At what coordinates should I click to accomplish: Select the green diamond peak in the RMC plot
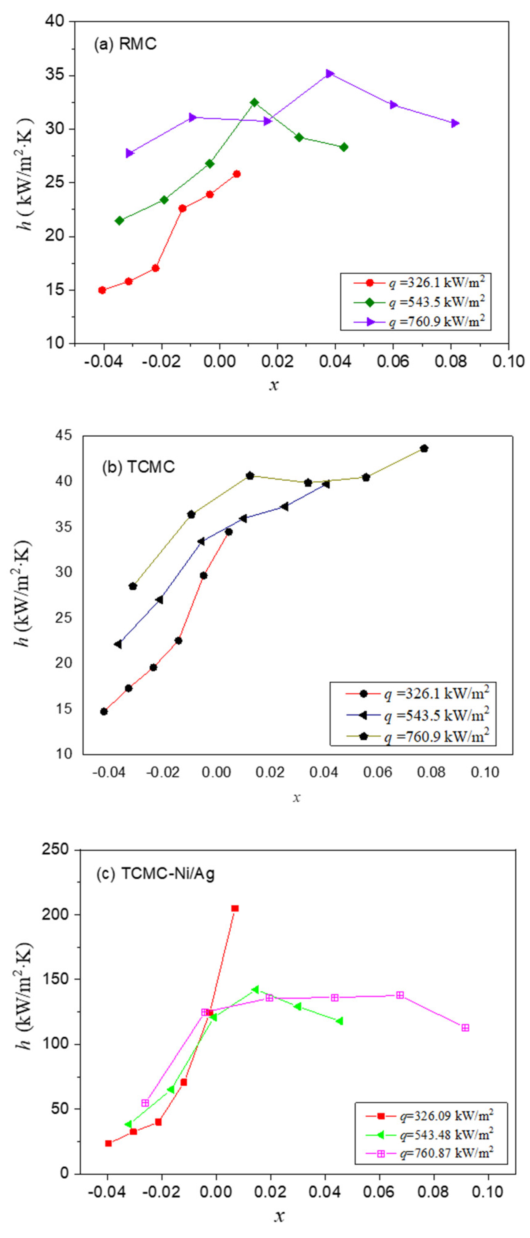pyautogui.click(x=254, y=103)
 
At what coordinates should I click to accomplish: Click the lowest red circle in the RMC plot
pyautogui.click(x=102, y=290)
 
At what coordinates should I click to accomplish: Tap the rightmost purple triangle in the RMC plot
pyautogui.click(x=454, y=124)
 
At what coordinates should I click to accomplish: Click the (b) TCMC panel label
pyautogui.click(x=138, y=467)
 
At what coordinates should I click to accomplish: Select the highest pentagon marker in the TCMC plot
pyautogui.click(x=423, y=448)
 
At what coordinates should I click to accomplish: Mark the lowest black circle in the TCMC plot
pyautogui.click(x=104, y=711)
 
